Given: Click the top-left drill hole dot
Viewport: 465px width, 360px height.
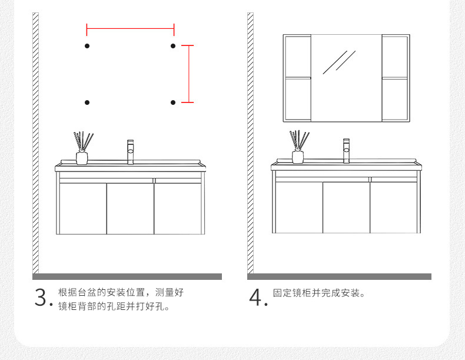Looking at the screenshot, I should pyautogui.click(x=87, y=45).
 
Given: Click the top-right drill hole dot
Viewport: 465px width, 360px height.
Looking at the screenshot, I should pyautogui.click(x=173, y=45).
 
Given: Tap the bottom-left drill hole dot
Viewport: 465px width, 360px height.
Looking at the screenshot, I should pyautogui.click(x=87, y=103).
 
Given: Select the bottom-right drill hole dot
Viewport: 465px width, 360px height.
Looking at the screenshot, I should pyautogui.click(x=173, y=103).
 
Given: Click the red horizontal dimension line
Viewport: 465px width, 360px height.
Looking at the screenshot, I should pyautogui.click(x=130, y=27).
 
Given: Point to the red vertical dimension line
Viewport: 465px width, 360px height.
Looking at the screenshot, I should pyautogui.click(x=188, y=74).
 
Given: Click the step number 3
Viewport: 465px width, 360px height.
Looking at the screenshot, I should pyautogui.click(x=41, y=297).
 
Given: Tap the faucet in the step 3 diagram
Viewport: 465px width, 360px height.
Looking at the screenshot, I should pyautogui.click(x=130, y=151).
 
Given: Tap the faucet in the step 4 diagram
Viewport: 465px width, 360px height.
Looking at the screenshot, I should pyautogui.click(x=346, y=151).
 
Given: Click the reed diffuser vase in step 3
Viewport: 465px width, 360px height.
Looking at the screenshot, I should pyautogui.click(x=82, y=157).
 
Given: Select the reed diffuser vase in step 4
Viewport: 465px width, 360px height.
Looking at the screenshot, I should pyautogui.click(x=298, y=157).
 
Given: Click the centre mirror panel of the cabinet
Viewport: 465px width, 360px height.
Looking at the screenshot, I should pyautogui.click(x=346, y=78).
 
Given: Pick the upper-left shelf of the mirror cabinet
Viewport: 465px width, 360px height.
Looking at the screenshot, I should pyautogui.click(x=298, y=56).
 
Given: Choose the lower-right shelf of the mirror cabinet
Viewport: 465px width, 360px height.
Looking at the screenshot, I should pyautogui.click(x=395, y=100).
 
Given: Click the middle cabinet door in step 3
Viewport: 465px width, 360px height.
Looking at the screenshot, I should pyautogui.click(x=130, y=208).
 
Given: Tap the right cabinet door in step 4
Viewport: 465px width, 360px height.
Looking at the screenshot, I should pyautogui.click(x=394, y=208).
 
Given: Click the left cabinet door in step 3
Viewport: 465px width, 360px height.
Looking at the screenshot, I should pyautogui.click(x=82, y=208).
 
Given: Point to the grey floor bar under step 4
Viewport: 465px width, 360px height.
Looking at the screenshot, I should pyautogui.click(x=339, y=276).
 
